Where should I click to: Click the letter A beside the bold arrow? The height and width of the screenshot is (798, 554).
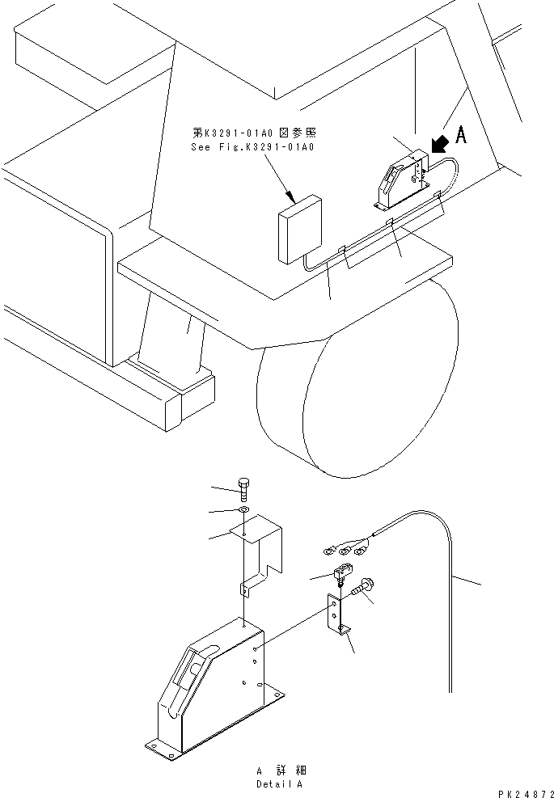pos(461,137)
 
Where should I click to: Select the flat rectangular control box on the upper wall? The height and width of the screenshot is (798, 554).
pos(298,229)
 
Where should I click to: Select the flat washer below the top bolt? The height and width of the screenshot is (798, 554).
pos(243,511)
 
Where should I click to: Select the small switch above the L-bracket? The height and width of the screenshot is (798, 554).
pos(340,575)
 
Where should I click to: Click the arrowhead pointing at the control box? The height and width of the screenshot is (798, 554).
pos(290,194)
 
